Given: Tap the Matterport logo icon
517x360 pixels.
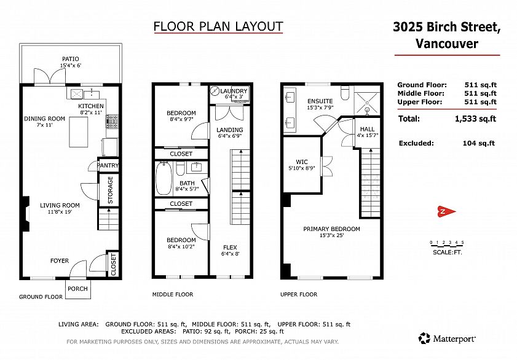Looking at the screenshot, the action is click(x=424, y=338).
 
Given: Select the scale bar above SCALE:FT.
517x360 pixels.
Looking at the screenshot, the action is click(x=447, y=245).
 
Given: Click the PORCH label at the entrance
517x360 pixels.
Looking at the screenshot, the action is click(x=78, y=289).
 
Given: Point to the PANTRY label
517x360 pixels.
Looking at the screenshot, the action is click(x=108, y=165).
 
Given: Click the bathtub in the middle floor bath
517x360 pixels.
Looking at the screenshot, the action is click(x=164, y=178).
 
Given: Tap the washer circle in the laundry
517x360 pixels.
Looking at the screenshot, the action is click(x=215, y=91).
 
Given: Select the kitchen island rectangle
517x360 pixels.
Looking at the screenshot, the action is click(x=79, y=131).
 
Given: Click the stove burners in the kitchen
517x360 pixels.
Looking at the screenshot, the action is click(x=112, y=121).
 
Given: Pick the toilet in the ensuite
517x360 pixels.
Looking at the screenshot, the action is click(x=345, y=93).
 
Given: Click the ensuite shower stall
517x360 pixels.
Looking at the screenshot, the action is click(x=367, y=101).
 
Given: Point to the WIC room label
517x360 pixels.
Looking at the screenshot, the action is click(x=302, y=162).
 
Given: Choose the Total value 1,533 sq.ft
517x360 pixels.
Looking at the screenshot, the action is click(x=475, y=119).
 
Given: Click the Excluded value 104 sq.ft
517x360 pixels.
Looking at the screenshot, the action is click(x=479, y=143).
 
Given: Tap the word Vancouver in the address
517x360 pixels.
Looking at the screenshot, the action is click(x=447, y=44).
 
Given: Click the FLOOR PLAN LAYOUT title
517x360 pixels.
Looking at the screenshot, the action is click(x=218, y=26).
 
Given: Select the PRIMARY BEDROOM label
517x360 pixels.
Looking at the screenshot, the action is click(x=332, y=229).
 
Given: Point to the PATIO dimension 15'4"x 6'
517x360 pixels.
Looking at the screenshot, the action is click(x=71, y=65).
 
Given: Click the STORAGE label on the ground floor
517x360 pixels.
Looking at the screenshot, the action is click(x=110, y=190).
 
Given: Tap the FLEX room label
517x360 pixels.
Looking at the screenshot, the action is click(x=230, y=248).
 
